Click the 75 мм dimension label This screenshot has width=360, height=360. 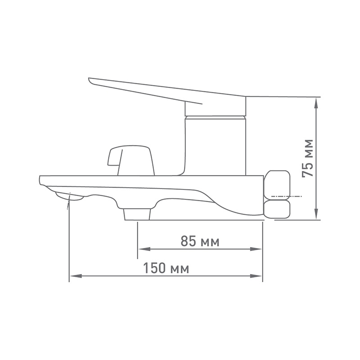(308, 158)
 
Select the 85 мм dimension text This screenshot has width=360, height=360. (200, 241)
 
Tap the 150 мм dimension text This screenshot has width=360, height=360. (166, 268)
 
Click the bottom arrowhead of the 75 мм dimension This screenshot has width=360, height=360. (316, 214)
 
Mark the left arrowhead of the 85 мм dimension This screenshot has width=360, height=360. (144, 249)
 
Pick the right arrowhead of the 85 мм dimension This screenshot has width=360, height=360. (256, 249)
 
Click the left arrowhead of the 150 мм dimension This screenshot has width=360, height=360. (76, 276)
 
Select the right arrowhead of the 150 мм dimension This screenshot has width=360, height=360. (256, 276)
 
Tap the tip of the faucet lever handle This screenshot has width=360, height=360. (89, 80)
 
